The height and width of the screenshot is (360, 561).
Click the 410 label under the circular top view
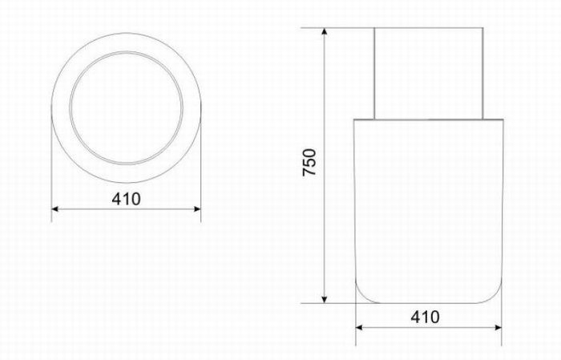pos(127,200)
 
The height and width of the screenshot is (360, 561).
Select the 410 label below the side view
pos(425,317)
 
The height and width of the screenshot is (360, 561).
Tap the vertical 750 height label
pos(309,162)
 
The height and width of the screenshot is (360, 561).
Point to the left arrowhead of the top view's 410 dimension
pos(54,209)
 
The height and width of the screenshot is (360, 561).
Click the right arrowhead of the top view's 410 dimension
pos(197,209)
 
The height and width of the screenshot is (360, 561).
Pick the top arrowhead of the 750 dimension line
pos(325,31)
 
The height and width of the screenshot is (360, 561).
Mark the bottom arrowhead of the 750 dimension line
pos(325,300)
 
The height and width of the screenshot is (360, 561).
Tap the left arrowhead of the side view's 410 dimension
pos(359,327)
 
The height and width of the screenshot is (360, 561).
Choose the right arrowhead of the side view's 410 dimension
pos(498,327)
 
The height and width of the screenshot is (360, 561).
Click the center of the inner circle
pos(127,107)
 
